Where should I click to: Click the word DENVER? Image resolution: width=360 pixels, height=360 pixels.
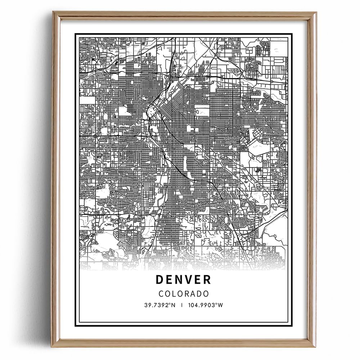pyautogui.click(x=183, y=280)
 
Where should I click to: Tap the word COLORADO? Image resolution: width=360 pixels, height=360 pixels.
pyautogui.click(x=184, y=293)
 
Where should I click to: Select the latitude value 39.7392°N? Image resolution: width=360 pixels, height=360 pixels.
pyautogui.click(x=160, y=305)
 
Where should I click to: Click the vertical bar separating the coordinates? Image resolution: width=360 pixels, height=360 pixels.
pyautogui.click(x=182, y=305)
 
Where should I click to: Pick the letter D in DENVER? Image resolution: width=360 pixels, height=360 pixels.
pyautogui.click(x=160, y=280)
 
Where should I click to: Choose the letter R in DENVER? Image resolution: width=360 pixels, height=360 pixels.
pyautogui.click(x=207, y=280)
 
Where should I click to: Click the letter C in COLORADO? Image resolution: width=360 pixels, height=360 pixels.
pyautogui.click(x=161, y=293)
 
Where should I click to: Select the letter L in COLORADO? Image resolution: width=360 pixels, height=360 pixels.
pyautogui.click(x=174, y=293)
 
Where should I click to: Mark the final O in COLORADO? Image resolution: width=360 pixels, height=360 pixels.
pyautogui.click(x=206, y=293)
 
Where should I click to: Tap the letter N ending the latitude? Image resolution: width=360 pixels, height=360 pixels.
pyautogui.click(x=174, y=305)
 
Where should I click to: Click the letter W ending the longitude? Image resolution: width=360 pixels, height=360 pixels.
pyautogui.click(x=221, y=305)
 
